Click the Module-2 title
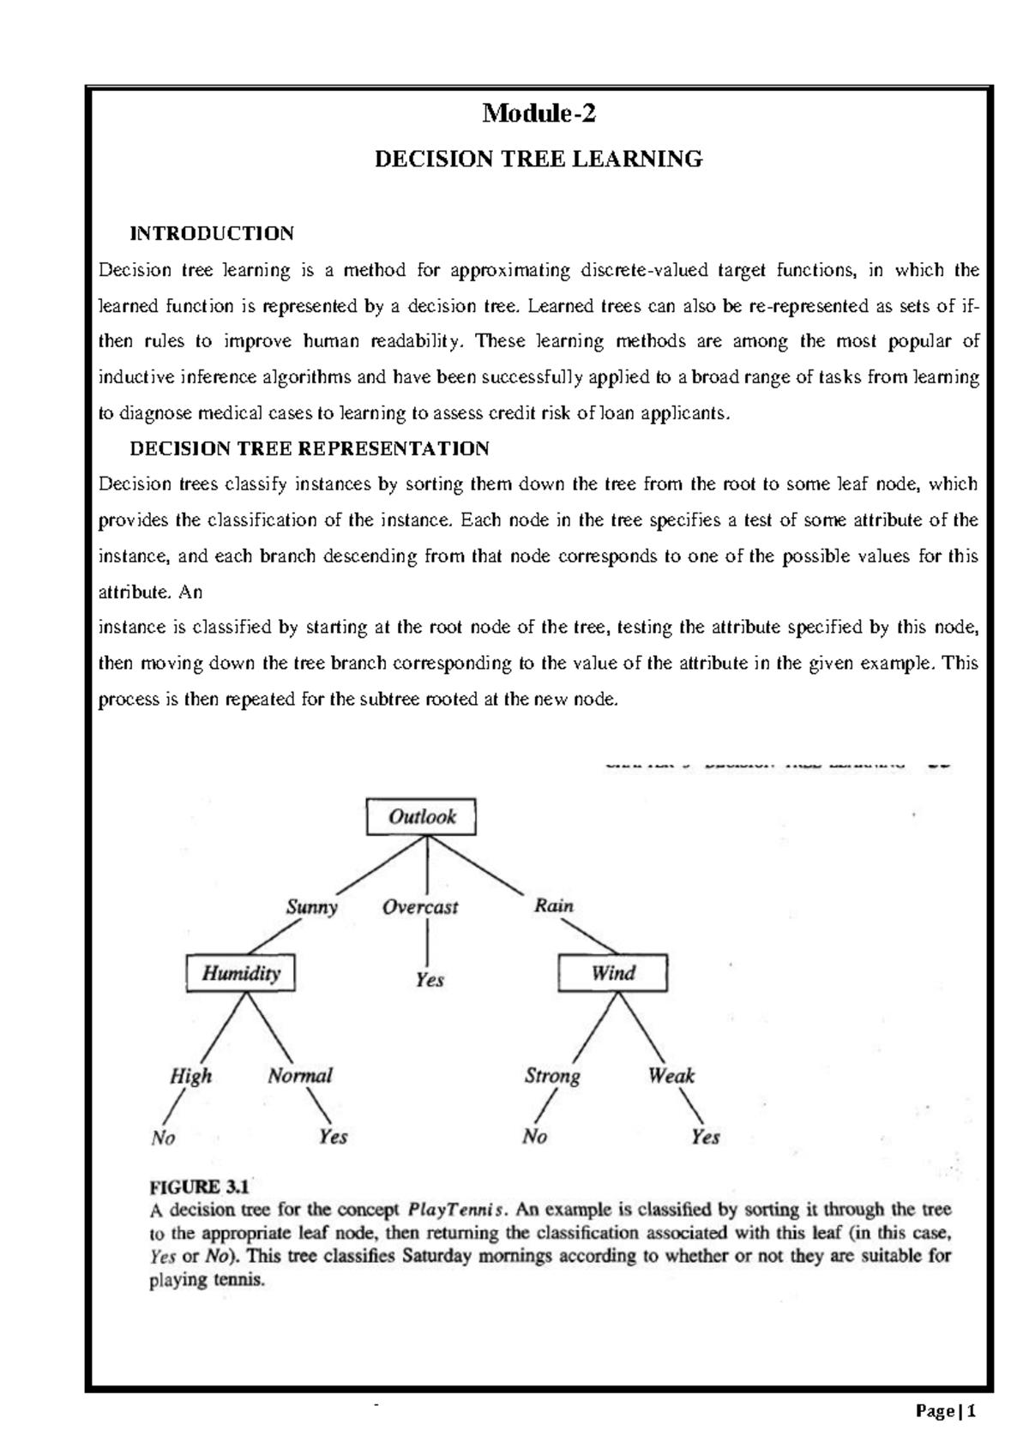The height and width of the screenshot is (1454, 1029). pos(539,113)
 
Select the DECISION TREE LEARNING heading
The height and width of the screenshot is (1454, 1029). pos(539,159)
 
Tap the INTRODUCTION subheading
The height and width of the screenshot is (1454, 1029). pos(211,233)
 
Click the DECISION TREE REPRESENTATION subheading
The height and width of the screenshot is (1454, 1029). pos(309,448)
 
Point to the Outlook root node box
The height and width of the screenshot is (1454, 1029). pos(421,817)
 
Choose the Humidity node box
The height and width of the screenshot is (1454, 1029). pos(241,973)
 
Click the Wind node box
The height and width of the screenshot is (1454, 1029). pos(613,973)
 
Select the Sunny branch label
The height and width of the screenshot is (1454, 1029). pos(312,907)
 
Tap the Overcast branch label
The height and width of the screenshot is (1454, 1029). pos(420,907)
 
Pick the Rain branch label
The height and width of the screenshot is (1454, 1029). pos(554,905)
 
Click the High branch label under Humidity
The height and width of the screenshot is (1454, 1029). pos(190,1077)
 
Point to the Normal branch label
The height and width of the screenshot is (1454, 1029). pos(300,1076)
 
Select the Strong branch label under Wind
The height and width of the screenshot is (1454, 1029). pos(552,1076)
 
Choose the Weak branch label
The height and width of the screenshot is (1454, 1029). pos(671,1075)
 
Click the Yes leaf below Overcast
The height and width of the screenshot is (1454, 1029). pos(429,979)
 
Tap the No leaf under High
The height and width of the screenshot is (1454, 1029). pos(163,1138)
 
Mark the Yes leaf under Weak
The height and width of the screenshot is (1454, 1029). pos(705,1137)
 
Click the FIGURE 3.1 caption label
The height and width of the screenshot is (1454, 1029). pos(199,1187)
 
